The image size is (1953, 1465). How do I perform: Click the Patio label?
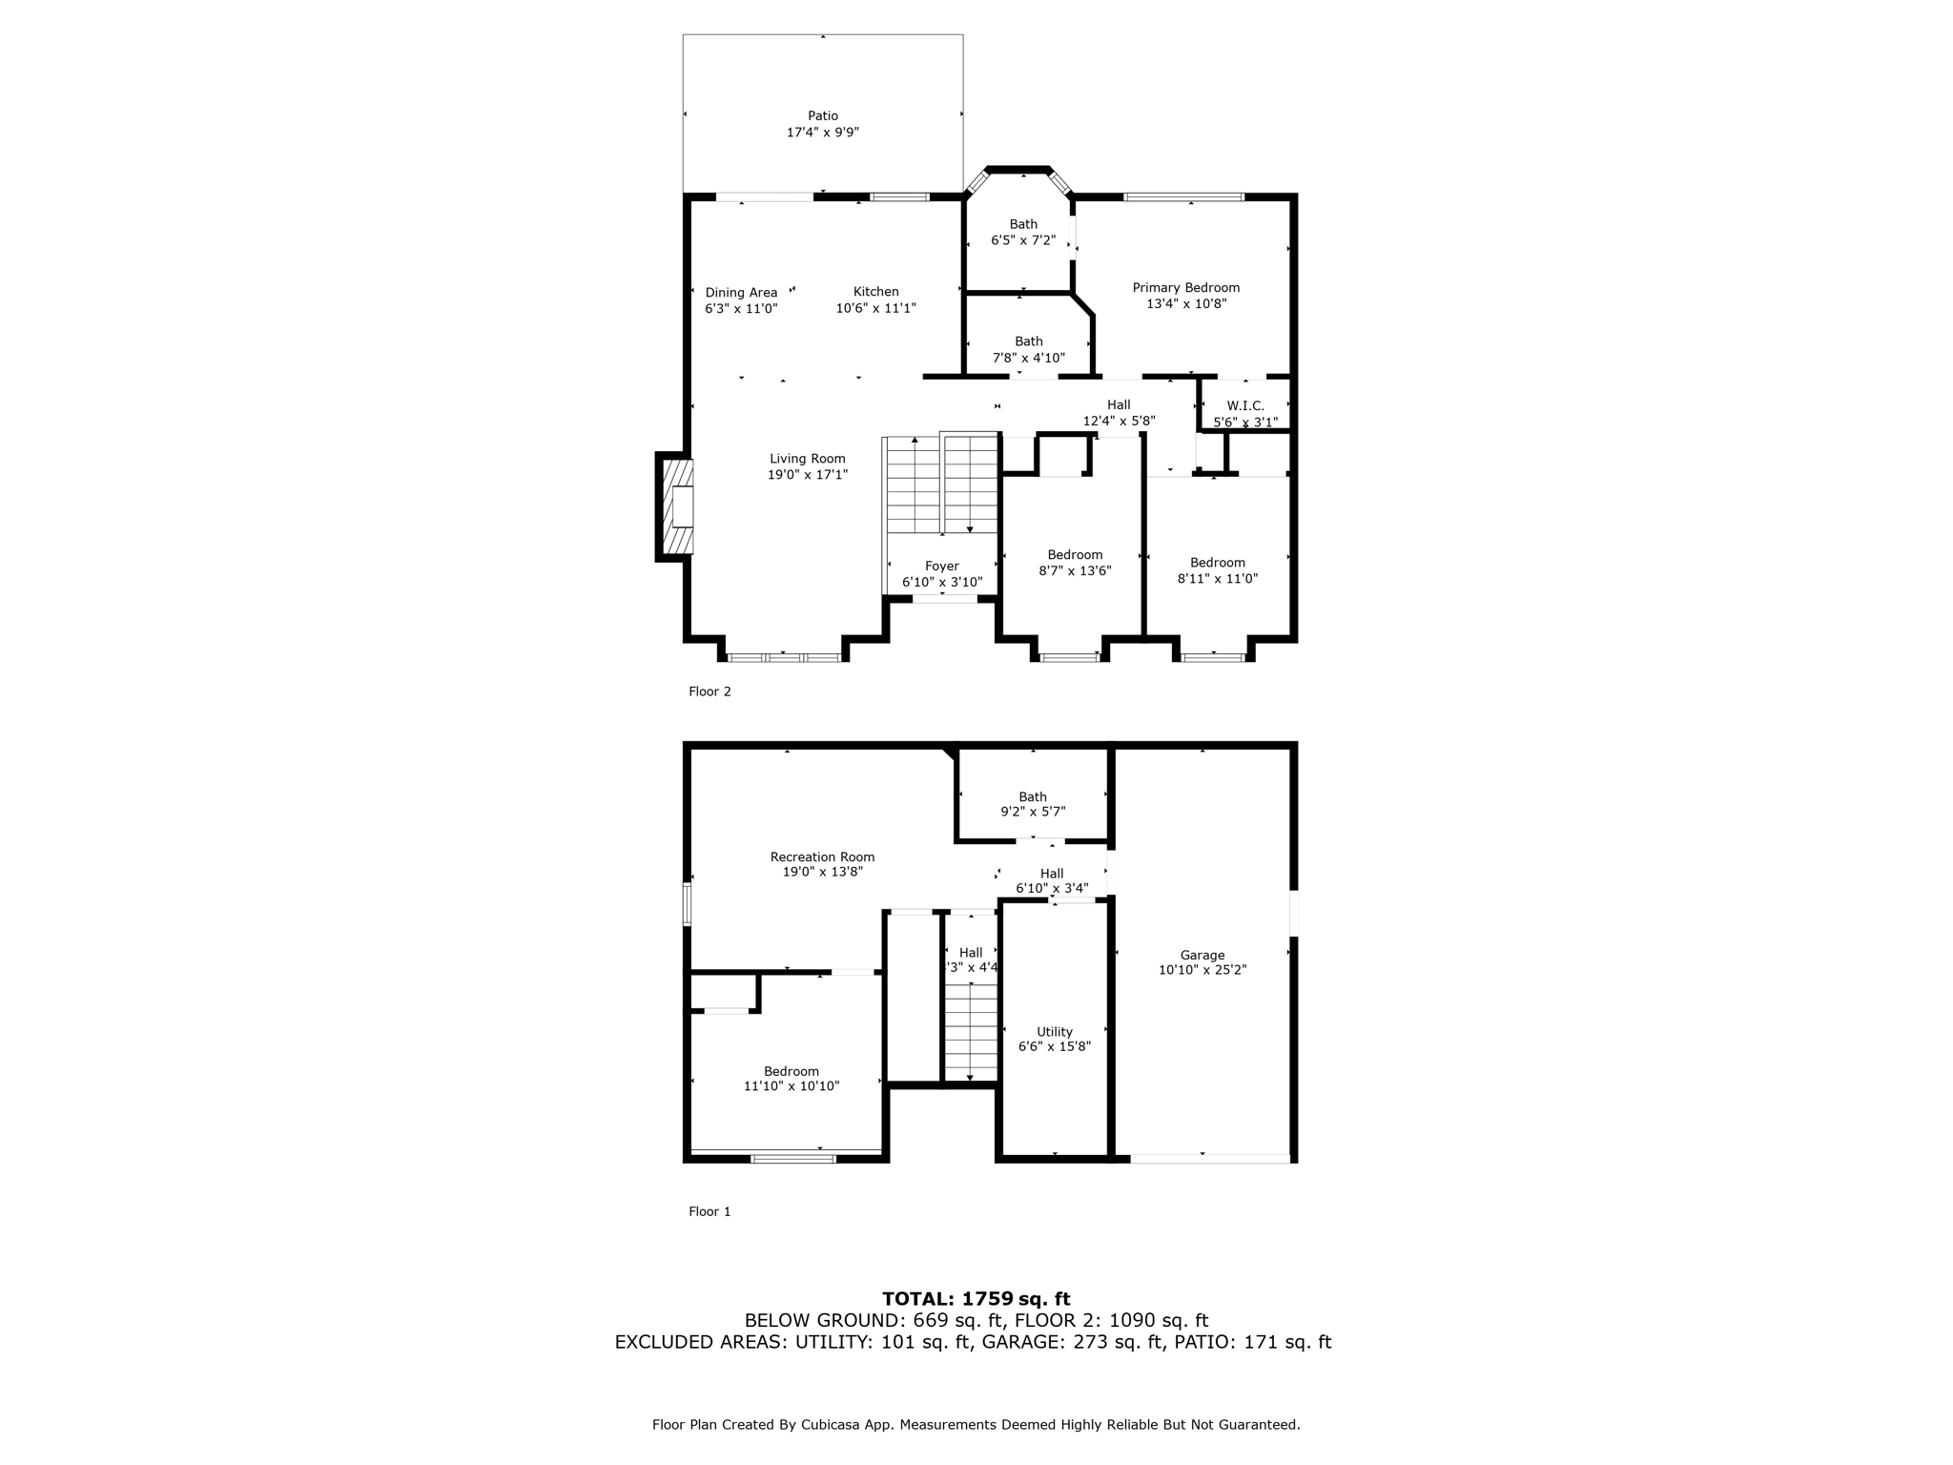[823, 116]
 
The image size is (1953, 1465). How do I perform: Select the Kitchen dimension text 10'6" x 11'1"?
[875, 308]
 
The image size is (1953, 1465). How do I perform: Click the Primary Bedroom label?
[1185, 288]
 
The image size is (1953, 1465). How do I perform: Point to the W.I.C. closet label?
[1244, 405]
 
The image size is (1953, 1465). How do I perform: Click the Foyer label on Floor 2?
[941, 567]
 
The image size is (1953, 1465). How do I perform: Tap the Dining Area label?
[741, 293]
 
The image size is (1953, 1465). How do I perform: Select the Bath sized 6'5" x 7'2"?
[1022, 233]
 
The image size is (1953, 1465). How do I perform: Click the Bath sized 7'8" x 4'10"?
[1028, 349]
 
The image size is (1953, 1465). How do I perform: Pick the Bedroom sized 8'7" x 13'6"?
[1075, 563]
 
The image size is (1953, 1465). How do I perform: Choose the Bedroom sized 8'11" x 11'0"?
[1217, 570]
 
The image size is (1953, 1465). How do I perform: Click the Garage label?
[1202, 955]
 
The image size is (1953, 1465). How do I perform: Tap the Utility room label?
[1054, 1032]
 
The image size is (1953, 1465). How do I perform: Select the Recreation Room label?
[822, 857]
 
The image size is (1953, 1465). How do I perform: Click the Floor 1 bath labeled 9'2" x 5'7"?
[1032, 804]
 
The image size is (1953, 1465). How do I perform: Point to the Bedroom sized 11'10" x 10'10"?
[791, 1079]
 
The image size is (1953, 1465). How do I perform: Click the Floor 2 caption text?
[709, 691]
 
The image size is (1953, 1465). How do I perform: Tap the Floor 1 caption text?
[709, 1211]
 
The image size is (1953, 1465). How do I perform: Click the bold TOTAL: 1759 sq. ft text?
[976, 1298]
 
